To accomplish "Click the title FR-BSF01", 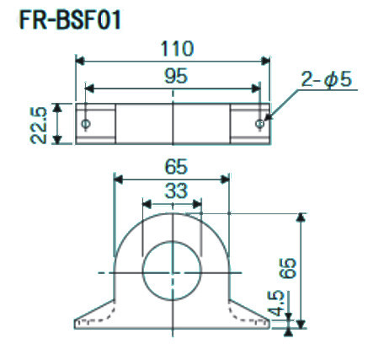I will (68, 19).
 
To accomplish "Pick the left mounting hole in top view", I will (86, 124).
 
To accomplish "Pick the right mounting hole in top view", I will (261, 124).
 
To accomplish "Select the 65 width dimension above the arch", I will (174, 166).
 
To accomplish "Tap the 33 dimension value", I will (174, 191).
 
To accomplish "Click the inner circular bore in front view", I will (173, 271).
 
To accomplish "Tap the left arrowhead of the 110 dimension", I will (81, 60).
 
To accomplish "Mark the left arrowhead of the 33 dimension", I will (147, 202).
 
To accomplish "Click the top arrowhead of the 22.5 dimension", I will (57, 107).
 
